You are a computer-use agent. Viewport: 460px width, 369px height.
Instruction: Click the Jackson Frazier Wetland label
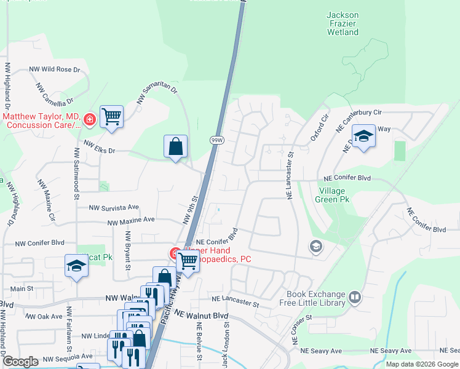[x=343, y=23]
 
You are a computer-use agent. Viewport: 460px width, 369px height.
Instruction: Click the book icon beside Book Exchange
[x=355, y=298]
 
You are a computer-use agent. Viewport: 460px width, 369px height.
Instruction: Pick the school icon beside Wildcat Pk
[x=76, y=266]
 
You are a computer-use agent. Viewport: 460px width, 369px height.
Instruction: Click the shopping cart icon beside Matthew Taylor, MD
[x=111, y=116]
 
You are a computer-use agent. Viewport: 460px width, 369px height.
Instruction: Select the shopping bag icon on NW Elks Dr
[x=176, y=146]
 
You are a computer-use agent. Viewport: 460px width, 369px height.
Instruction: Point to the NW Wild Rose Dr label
[x=54, y=69]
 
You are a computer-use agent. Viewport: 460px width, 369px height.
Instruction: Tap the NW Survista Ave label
[x=114, y=208]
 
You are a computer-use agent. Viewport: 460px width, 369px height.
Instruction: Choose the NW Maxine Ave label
[x=131, y=220]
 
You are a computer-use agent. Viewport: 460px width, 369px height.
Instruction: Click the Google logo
[x=20, y=362]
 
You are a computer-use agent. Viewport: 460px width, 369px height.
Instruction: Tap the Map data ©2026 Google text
[x=422, y=364]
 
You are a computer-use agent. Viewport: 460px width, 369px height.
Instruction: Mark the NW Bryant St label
[x=129, y=250]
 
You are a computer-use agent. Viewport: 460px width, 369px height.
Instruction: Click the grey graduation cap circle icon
[x=315, y=247]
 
